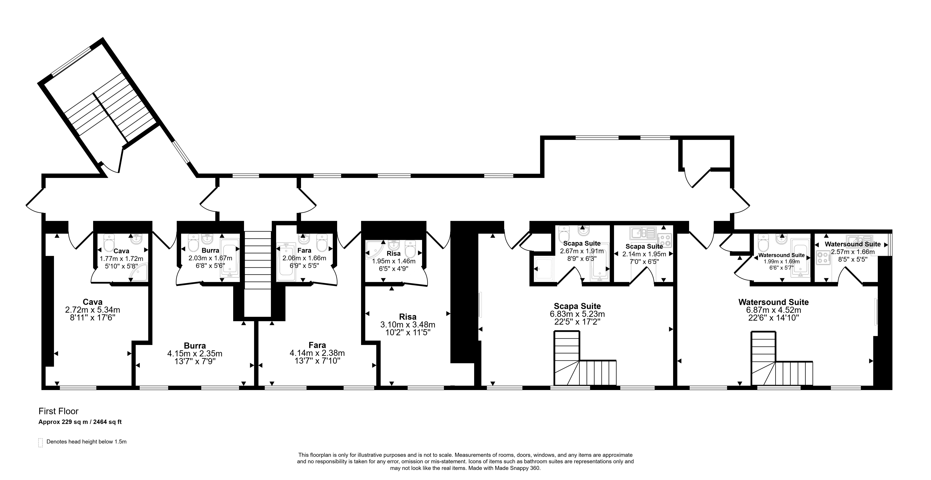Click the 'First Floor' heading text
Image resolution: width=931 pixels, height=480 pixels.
click(59, 411)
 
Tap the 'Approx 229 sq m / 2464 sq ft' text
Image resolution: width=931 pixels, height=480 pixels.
click(80, 422)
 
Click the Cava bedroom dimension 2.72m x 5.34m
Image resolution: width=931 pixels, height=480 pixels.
click(93, 310)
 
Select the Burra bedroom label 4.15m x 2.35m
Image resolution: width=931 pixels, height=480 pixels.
click(195, 353)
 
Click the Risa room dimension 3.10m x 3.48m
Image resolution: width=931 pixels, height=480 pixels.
click(408, 325)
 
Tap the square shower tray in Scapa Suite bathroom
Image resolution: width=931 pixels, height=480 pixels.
click(544, 269)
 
